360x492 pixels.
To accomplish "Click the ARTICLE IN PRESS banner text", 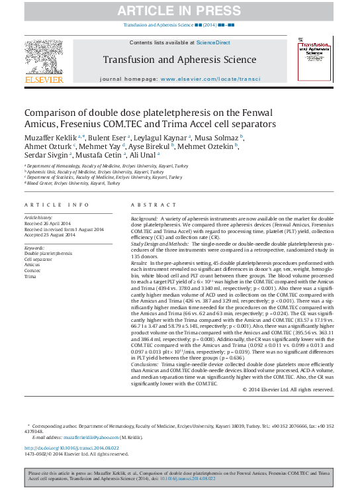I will [x=180, y=10].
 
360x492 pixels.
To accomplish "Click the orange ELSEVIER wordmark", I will [x=44, y=80].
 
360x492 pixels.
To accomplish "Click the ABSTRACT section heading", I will [x=151, y=206].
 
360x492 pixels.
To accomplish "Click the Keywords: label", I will [x=35, y=248].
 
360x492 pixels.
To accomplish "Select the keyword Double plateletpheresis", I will [x=49, y=254].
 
